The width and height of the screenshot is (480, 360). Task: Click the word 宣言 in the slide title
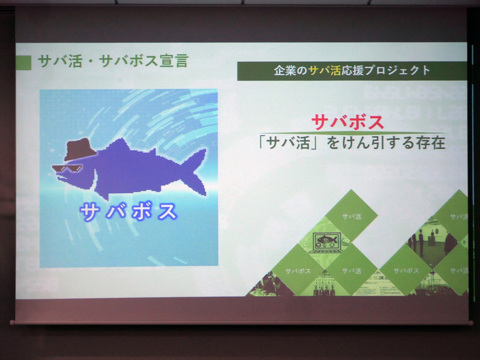point(173,62)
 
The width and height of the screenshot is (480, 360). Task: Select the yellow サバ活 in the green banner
point(321,71)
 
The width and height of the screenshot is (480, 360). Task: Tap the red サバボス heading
point(348,121)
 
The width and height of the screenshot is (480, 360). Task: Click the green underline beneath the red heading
point(349,133)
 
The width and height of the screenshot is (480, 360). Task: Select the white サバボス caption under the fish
point(128,211)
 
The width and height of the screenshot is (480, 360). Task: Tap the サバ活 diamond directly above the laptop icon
point(352,217)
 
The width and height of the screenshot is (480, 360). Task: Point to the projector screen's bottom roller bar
point(240,322)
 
